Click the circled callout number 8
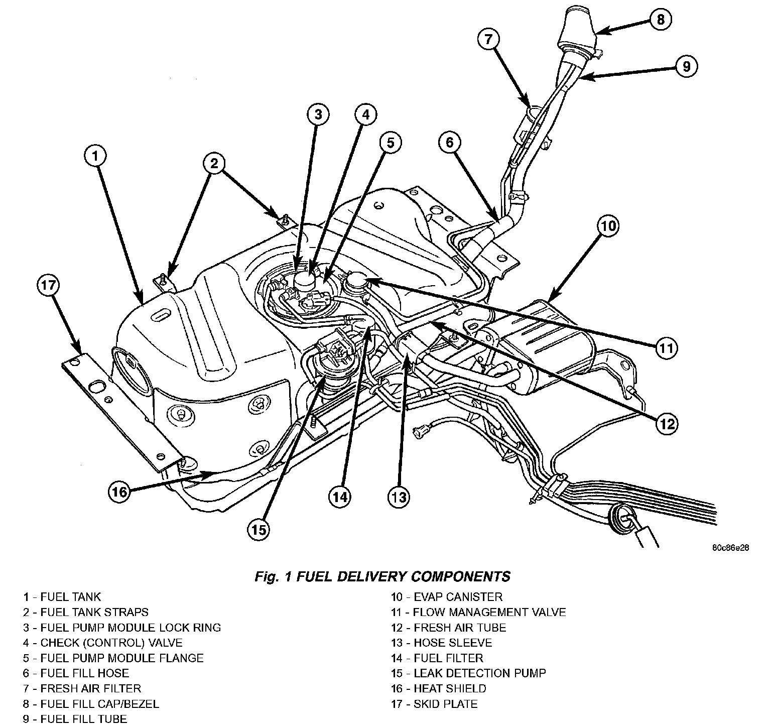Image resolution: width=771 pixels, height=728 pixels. click(661, 19)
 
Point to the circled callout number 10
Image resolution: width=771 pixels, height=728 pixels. click(607, 227)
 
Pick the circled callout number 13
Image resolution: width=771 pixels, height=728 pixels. click(398, 497)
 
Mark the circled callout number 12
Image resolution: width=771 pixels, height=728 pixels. click(668, 424)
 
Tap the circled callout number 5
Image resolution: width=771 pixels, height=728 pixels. click(391, 143)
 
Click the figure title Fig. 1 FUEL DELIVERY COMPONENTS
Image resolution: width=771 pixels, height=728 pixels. click(382, 576)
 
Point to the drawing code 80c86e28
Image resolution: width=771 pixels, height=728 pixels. click(730, 548)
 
